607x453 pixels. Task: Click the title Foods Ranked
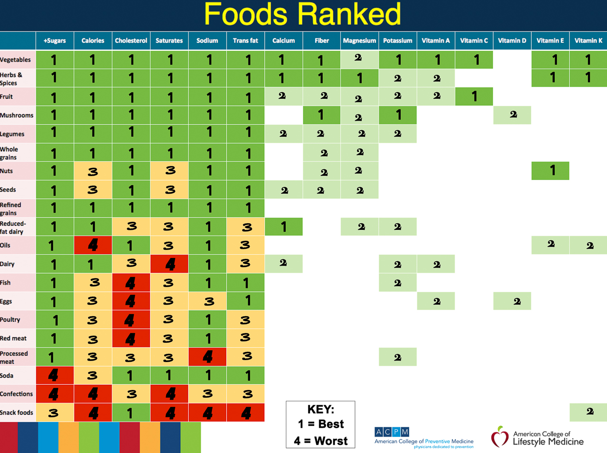tap(303, 14)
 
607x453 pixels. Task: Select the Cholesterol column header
tap(131, 41)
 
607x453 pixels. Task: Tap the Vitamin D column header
tap(512, 41)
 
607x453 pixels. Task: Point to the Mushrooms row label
tap(17, 115)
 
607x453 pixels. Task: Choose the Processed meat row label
tap(14, 357)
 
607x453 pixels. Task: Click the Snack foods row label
tap(17, 412)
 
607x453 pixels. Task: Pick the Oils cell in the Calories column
tap(93, 245)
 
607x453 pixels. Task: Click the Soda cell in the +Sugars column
tap(55, 375)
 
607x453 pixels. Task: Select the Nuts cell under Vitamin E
tap(550, 171)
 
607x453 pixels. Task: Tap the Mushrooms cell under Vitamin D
tap(512, 115)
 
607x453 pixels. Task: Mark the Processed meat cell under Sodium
tap(207, 357)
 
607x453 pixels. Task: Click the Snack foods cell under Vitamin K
tap(588, 412)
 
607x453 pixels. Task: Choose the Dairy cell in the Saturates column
tap(169, 264)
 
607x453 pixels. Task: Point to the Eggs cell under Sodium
tap(207, 301)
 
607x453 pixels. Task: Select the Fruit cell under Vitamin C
tap(474, 96)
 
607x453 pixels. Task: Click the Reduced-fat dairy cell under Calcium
tap(283, 226)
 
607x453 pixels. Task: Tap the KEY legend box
tap(320, 424)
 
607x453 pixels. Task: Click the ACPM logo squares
tap(391, 432)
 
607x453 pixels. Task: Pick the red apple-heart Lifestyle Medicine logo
tap(500, 436)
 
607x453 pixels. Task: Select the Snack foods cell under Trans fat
tap(245, 412)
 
